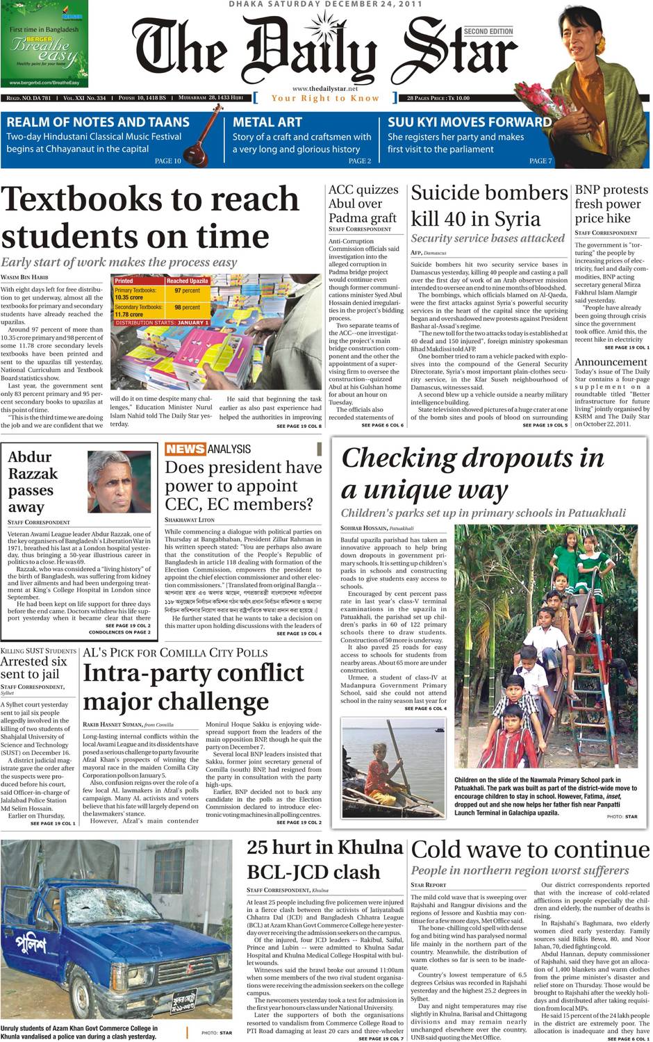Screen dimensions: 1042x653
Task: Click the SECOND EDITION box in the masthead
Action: [x=488, y=31]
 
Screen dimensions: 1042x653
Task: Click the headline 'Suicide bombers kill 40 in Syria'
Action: [x=489, y=205]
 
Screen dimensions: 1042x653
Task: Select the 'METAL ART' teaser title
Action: [x=267, y=122]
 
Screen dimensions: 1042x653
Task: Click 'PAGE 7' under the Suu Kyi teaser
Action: [x=540, y=161]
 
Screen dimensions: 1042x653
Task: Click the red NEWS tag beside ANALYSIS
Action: [x=185, y=449]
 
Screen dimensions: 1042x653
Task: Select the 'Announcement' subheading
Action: [x=611, y=362]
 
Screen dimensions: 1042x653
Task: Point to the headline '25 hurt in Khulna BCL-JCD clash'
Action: [x=324, y=859]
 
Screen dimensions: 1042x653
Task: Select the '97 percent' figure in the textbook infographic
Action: [x=187, y=290]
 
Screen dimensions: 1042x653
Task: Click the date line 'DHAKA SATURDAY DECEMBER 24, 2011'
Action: [x=326, y=4]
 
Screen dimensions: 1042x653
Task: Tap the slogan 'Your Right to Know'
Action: [x=325, y=98]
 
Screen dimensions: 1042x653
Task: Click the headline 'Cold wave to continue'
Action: [x=530, y=850]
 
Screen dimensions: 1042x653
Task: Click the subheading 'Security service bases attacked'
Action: [x=488, y=238]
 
